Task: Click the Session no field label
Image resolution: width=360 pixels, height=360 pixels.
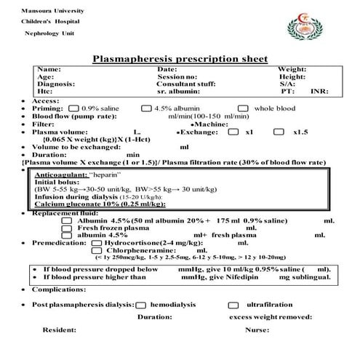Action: coord(177,76)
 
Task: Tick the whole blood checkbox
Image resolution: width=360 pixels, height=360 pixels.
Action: coord(243,108)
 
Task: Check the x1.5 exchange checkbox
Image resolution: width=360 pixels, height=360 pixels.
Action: coord(279,132)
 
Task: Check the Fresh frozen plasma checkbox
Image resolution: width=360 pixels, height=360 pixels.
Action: coord(67,228)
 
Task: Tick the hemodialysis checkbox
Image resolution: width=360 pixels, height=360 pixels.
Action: coord(140,305)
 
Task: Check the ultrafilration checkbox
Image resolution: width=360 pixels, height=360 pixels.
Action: coord(233,305)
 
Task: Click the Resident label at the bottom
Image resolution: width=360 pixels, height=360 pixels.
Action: coord(60,330)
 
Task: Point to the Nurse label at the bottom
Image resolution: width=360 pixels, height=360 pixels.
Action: coord(257,330)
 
